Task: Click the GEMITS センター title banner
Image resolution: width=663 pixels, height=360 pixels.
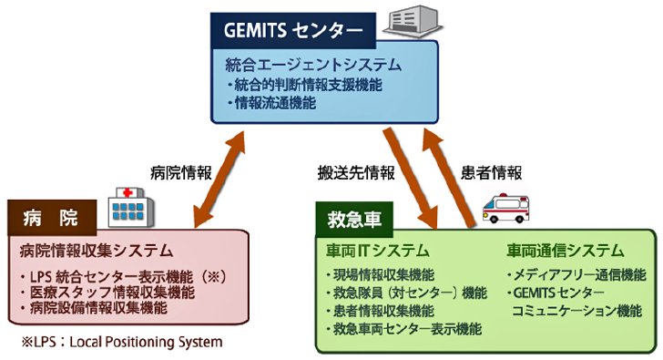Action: coord(293,30)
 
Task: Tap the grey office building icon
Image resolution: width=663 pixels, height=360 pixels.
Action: coord(413,21)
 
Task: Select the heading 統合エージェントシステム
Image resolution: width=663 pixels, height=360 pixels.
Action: coord(313,65)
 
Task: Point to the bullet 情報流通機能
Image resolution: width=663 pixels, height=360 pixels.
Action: coord(271,103)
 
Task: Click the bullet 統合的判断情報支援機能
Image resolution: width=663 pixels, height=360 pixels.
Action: coord(305,85)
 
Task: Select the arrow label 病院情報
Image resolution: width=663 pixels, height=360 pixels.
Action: coord(181,172)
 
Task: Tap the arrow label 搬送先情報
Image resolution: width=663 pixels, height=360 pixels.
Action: coord(356,172)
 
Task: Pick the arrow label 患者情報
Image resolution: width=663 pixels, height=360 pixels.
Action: coord(492,172)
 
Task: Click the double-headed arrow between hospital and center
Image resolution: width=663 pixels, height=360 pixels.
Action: coord(219,180)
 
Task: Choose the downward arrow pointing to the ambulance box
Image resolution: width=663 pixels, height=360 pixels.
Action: coord(410,179)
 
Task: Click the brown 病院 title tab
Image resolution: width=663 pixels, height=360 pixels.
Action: coord(52,218)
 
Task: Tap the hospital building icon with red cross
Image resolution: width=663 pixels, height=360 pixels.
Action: coord(131,208)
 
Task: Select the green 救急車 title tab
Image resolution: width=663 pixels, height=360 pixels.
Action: coord(354,220)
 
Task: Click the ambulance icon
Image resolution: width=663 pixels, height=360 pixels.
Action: coord(505,208)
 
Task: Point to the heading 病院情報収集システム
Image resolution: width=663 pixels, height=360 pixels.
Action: coord(97,251)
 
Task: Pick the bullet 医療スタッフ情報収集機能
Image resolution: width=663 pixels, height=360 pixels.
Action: coord(108,293)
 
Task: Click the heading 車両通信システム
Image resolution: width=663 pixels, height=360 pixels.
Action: coord(566,251)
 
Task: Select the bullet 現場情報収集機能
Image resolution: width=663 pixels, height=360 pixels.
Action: coord(381,275)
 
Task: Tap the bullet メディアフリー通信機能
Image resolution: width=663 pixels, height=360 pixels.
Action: coord(576,275)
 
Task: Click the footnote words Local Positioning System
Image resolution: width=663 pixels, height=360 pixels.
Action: coord(146,342)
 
